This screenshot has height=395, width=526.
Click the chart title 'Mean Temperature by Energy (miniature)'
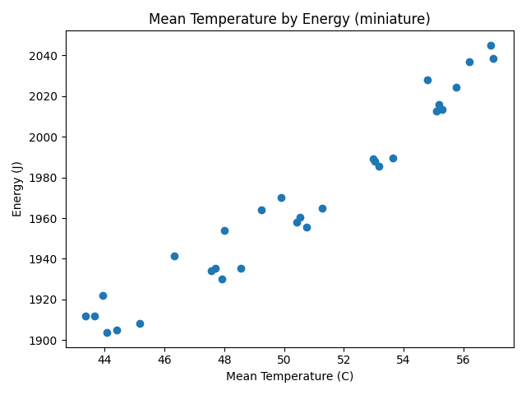tap(289, 19)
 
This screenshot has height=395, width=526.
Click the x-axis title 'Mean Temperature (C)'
tap(289, 376)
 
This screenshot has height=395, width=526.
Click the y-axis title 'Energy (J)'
tap(17, 188)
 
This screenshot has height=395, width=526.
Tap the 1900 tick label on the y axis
tap(46, 340)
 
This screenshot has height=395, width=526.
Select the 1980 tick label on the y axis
tap(46, 178)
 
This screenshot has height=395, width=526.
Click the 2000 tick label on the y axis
tap(46, 137)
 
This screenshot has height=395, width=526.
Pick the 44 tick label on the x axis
tap(104, 360)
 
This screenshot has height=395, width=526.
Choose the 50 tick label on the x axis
tap(284, 360)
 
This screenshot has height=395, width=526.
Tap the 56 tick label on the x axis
tap(464, 360)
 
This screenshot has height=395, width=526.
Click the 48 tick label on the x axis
tap(224, 360)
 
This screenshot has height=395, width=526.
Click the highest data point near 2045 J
tap(491, 45)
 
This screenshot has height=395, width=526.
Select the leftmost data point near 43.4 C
tap(85, 316)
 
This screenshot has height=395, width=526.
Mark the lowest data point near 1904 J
tap(107, 332)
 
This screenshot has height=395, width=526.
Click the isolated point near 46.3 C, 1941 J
tap(174, 256)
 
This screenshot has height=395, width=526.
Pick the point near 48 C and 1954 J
tap(224, 230)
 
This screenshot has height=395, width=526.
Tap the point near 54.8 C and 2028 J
tap(427, 80)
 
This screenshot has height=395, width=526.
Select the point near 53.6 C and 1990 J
tap(393, 158)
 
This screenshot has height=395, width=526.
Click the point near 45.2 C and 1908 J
tap(140, 323)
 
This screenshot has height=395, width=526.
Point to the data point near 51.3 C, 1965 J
tap(322, 208)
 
